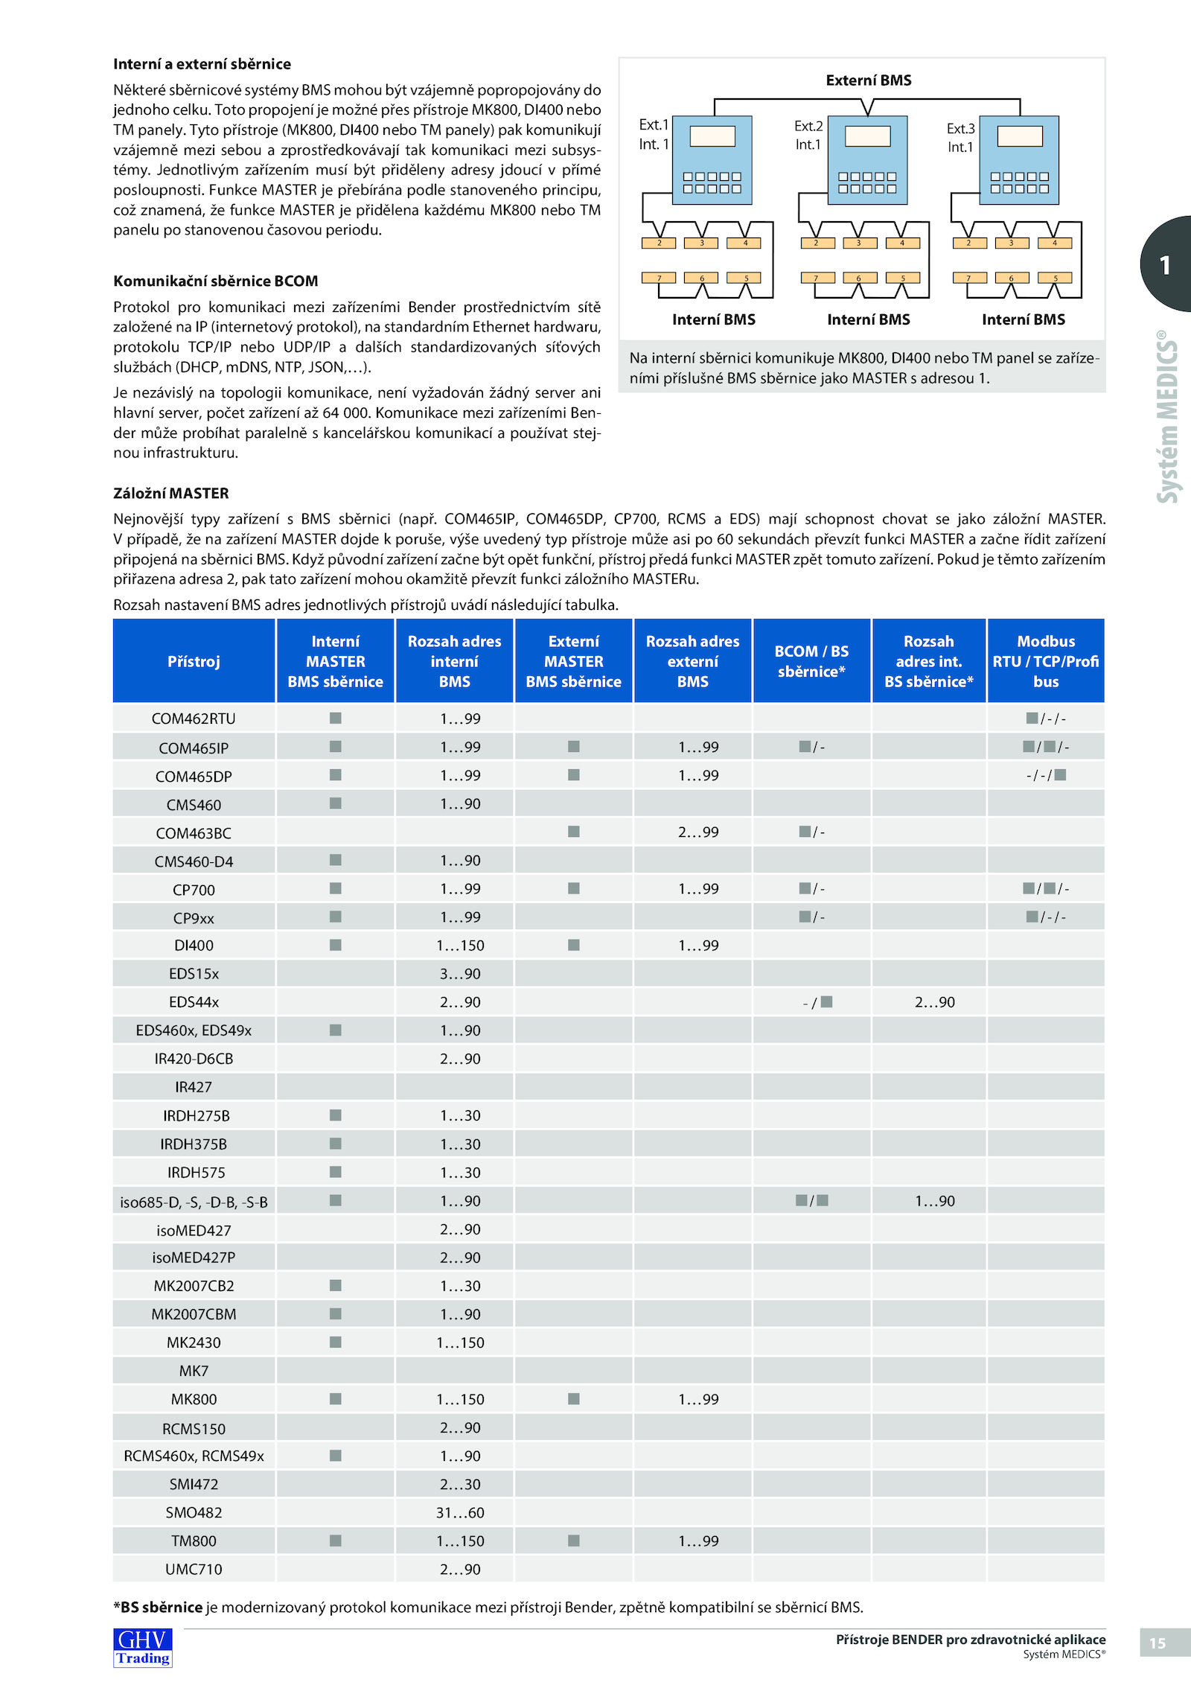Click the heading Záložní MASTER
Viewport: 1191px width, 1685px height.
[171, 493]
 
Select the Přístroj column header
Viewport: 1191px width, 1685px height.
[194, 661]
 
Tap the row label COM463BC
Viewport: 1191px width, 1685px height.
[194, 833]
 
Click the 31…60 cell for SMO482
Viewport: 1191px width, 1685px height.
[460, 1512]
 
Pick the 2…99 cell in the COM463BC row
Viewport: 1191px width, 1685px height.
[698, 832]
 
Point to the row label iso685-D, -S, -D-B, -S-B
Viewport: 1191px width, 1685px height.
[194, 1202]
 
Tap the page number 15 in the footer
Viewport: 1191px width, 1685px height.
[1158, 1643]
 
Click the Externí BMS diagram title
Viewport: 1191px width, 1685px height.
[869, 80]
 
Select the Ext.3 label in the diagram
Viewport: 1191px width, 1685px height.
[960, 129]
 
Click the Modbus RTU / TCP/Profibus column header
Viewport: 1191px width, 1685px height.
[1046, 661]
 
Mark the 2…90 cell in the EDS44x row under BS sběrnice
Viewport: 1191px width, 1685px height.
[934, 1002]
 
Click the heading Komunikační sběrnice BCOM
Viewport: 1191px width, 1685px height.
[216, 281]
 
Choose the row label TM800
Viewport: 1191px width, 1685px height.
[194, 1541]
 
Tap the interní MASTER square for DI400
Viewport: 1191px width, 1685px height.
[336, 945]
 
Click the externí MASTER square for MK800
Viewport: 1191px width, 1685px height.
[574, 1399]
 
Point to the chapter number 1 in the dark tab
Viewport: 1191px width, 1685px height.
[1165, 265]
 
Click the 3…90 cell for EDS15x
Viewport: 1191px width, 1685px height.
[460, 974]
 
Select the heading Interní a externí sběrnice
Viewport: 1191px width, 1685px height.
[202, 64]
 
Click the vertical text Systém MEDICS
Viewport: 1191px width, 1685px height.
[1167, 417]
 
